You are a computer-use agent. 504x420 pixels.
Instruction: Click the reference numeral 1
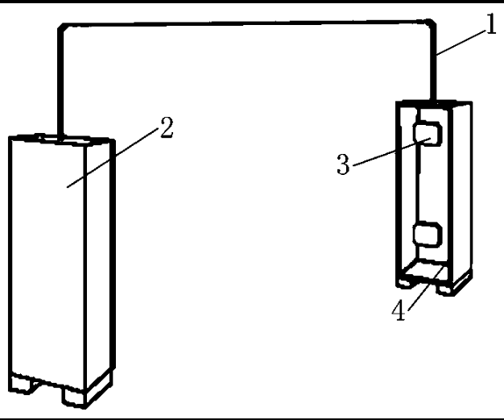(491, 23)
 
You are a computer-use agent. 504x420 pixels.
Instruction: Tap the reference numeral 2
(167, 127)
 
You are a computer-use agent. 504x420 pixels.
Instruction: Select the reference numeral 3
(343, 164)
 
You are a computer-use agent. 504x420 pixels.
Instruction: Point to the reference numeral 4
(399, 310)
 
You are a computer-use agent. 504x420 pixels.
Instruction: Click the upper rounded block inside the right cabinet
(428, 134)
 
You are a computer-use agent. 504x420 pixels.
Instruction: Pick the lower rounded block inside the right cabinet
(428, 235)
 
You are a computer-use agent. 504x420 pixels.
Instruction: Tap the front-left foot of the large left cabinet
(22, 384)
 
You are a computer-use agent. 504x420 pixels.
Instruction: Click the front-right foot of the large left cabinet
(75, 397)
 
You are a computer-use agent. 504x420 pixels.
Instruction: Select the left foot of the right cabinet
(405, 282)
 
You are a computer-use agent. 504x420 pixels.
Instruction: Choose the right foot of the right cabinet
(445, 289)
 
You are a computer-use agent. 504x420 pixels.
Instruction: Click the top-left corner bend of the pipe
(62, 28)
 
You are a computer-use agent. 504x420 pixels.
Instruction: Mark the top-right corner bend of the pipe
(431, 24)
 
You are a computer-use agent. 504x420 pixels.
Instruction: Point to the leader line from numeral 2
(113, 157)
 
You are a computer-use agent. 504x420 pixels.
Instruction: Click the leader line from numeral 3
(391, 152)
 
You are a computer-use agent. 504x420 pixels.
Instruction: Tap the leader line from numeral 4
(426, 289)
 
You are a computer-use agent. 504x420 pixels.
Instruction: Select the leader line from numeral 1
(461, 43)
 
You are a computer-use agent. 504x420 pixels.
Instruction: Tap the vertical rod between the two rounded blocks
(418, 184)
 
